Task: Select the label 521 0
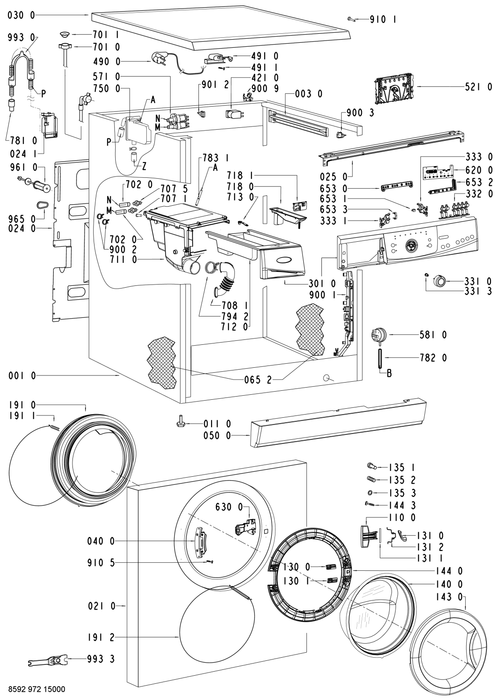pos(478,86)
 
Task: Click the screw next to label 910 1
pos(351,19)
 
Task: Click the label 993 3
pos(101,659)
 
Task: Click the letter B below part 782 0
pos(382,373)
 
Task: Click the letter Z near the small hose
pos(144,166)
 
